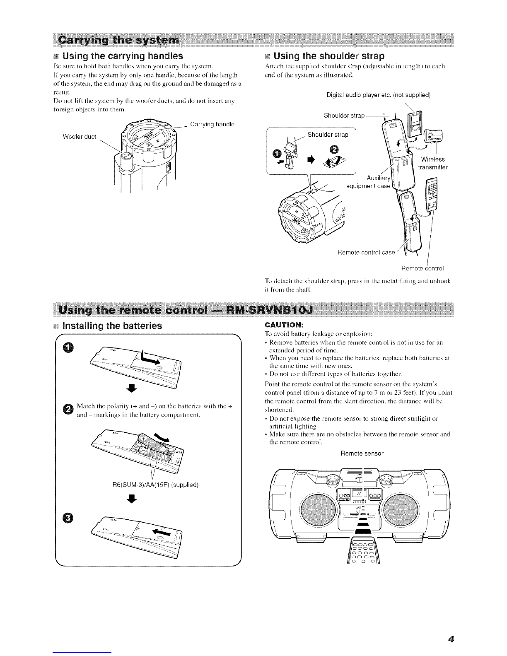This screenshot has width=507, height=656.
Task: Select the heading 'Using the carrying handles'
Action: (x=122, y=55)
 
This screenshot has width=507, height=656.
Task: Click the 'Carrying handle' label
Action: (x=212, y=124)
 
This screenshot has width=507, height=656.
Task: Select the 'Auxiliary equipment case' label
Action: (x=368, y=182)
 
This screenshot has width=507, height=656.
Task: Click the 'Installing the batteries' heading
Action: (x=111, y=326)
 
